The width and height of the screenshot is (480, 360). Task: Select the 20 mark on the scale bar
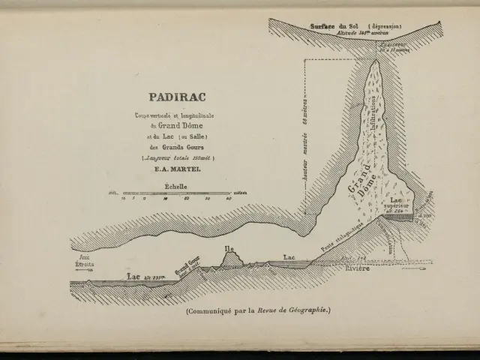coord(187,199)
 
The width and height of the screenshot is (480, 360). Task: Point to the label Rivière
coord(358,268)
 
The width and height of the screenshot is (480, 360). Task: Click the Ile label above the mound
coord(230,247)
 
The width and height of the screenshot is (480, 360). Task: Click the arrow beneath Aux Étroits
coord(83,271)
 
